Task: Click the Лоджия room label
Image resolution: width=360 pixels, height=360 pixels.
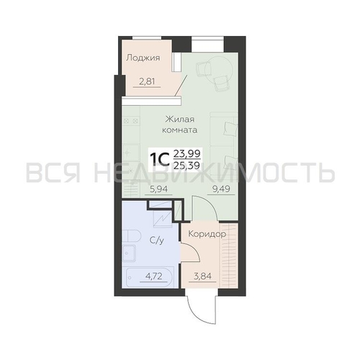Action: (143, 58)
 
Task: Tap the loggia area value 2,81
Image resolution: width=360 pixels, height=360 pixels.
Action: (147, 81)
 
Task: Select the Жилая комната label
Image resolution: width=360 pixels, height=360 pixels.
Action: (180, 125)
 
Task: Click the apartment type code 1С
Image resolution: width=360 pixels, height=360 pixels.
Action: (160, 160)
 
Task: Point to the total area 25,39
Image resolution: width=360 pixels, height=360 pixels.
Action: (187, 165)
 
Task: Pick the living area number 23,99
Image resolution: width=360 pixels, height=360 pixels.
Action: (187, 153)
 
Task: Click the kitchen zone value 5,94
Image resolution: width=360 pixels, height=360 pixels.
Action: (158, 189)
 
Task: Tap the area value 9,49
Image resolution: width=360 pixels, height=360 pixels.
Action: (221, 189)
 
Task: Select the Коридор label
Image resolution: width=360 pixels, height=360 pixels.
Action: (207, 234)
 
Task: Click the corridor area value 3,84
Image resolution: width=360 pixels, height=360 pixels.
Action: (203, 276)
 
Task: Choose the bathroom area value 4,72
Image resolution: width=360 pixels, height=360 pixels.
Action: (153, 276)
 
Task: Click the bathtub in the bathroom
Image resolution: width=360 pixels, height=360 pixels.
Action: (149, 276)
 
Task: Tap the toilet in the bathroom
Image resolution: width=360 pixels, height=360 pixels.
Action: (131, 236)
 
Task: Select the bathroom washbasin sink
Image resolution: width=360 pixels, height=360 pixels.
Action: (129, 253)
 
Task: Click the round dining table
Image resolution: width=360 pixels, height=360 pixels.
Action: (216, 71)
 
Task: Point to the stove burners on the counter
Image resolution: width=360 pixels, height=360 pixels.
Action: (131, 121)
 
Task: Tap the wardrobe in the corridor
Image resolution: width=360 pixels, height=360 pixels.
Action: (229, 256)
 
